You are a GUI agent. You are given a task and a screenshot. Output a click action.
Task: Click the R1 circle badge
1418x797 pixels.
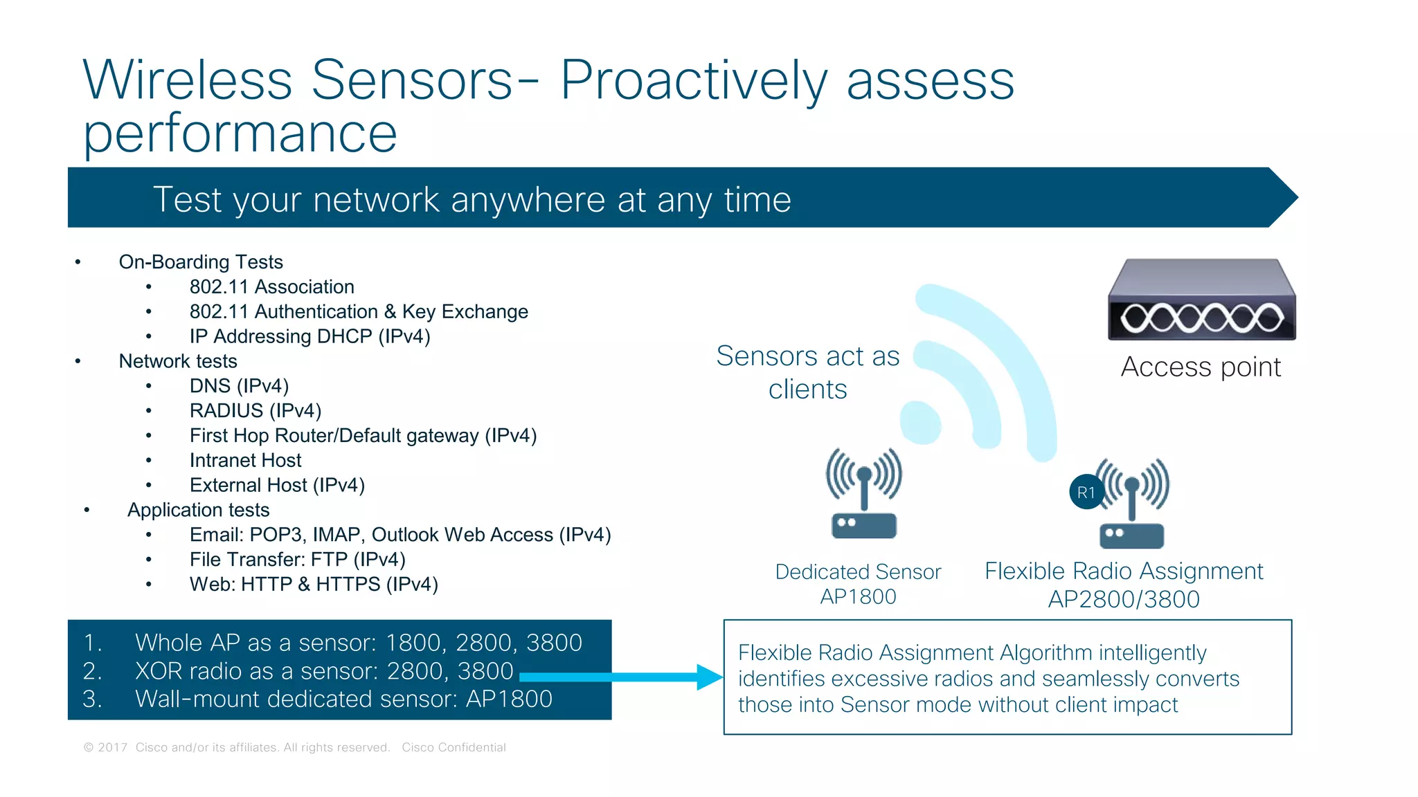pos(1086,492)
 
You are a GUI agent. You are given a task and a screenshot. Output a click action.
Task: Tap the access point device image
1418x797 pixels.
pos(1201,300)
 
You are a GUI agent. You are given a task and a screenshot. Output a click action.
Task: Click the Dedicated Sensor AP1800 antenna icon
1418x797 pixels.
pos(864,493)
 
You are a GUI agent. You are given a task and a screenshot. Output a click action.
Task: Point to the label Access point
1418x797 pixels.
pos(1201,367)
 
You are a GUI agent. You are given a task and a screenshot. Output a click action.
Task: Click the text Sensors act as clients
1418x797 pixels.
pos(807,372)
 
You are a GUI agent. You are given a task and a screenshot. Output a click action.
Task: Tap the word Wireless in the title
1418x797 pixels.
pos(187,80)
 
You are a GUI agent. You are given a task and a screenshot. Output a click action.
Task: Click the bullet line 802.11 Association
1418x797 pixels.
pos(271,286)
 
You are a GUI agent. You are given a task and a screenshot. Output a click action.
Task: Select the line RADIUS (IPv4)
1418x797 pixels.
pos(255,410)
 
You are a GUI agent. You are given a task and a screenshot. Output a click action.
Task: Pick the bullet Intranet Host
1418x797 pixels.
pos(245,460)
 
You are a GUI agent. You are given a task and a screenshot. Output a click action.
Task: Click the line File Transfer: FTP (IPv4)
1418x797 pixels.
pos(297,559)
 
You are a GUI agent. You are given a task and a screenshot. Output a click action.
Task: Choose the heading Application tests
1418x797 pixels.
pos(198,510)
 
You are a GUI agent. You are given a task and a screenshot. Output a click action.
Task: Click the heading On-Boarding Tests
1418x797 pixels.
pos(201,262)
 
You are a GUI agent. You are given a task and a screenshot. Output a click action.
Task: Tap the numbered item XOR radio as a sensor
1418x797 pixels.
pos(323,671)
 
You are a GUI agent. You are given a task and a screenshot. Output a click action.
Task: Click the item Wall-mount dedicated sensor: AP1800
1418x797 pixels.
pos(343,699)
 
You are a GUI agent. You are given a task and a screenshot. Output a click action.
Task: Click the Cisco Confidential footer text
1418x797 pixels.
pos(454,747)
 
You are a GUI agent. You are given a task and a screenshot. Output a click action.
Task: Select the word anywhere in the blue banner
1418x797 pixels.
pos(528,200)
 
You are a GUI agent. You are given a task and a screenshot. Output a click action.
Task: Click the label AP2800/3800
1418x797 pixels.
pos(1123,599)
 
